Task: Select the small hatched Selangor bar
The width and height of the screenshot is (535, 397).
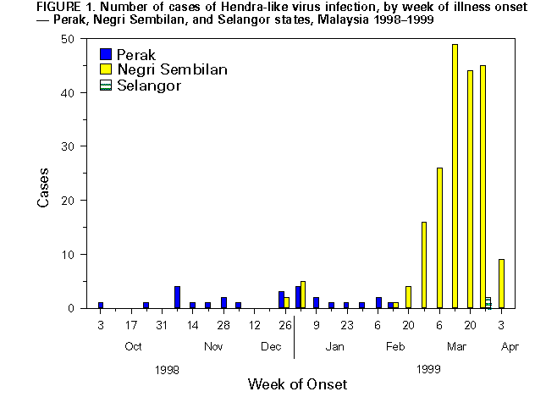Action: [488, 302]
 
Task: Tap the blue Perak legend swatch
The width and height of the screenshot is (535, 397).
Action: [106, 55]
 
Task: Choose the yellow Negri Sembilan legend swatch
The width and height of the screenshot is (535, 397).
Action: [106, 70]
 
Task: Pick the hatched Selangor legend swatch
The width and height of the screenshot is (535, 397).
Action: [106, 85]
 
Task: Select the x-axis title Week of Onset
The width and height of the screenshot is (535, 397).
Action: [296, 383]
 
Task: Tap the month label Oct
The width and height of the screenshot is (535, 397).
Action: [133, 346]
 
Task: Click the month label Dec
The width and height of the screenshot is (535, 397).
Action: [271, 346]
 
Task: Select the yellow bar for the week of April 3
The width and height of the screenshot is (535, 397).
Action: [502, 284]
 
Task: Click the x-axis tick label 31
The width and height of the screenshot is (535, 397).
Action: [162, 325]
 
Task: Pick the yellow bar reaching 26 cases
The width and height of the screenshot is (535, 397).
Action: [439, 238]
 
